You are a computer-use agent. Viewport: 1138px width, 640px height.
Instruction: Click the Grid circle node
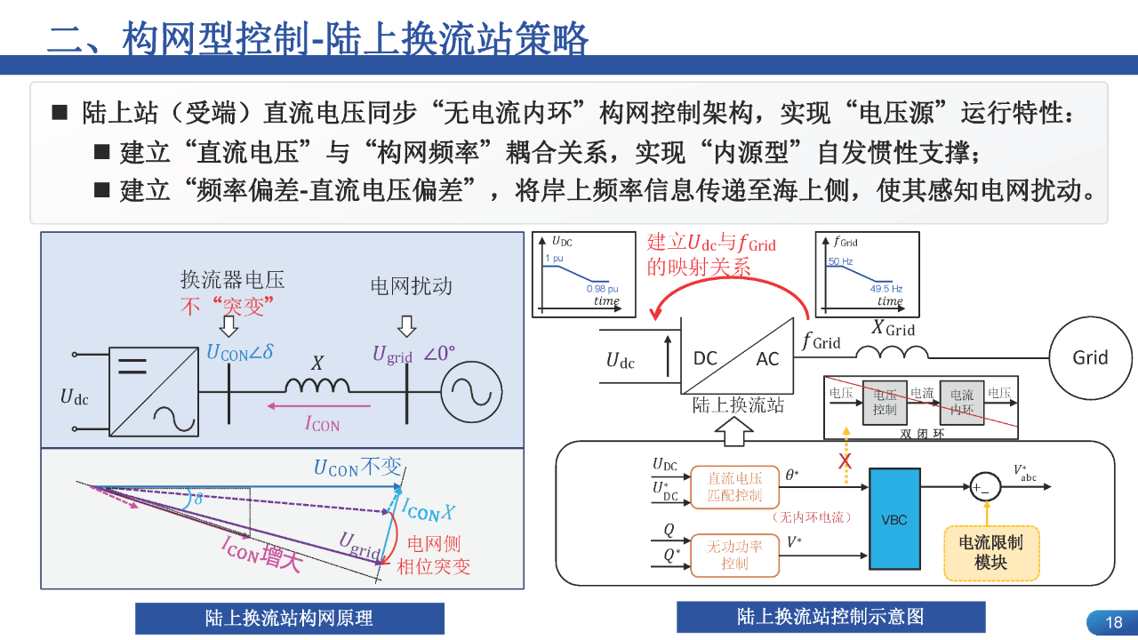[x=1090, y=357]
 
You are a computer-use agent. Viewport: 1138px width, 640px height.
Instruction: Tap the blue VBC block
[x=894, y=519]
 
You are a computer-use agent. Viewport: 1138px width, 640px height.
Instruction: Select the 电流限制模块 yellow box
[x=991, y=553]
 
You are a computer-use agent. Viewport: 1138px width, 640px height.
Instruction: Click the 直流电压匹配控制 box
[x=734, y=486]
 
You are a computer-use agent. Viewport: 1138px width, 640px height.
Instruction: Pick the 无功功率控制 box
[x=734, y=555]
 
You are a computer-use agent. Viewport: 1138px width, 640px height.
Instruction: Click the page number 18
[x=1113, y=622]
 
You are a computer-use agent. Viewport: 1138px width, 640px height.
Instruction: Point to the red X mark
[x=845, y=461]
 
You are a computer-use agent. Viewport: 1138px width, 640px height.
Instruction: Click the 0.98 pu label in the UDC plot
[x=602, y=290]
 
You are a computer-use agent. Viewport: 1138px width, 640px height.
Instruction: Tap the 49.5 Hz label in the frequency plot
[x=886, y=289]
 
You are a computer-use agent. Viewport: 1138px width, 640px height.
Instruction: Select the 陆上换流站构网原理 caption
[x=289, y=618]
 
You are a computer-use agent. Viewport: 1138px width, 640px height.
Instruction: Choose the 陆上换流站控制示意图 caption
[x=830, y=616]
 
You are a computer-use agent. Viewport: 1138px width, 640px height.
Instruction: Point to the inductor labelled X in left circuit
[x=317, y=385]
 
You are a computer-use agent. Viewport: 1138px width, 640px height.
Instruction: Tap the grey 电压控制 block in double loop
[x=884, y=402]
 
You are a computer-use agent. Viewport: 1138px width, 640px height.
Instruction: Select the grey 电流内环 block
[x=961, y=402]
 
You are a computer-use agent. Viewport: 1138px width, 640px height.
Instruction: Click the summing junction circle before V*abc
[x=985, y=487]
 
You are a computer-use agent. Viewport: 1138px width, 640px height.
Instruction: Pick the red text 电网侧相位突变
[x=433, y=555]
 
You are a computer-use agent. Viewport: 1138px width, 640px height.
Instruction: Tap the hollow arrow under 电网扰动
[x=407, y=327]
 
